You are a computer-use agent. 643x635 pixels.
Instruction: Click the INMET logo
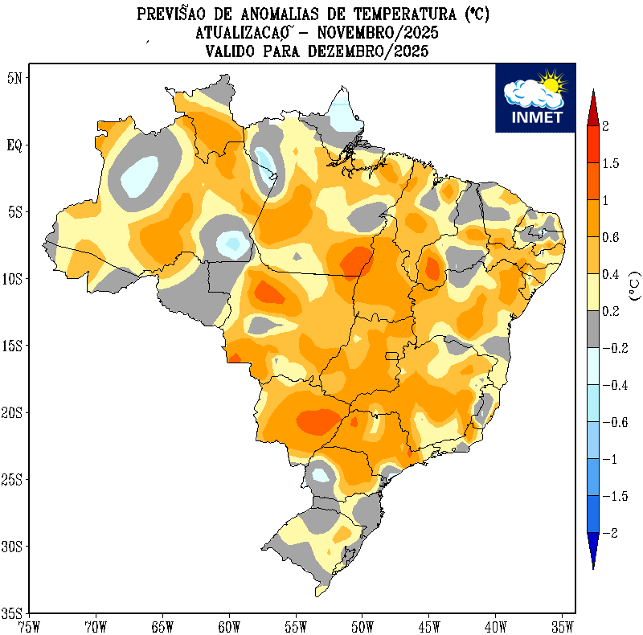pyautogui.click(x=534, y=97)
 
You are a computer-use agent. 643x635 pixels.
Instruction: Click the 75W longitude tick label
pyautogui.click(x=29, y=625)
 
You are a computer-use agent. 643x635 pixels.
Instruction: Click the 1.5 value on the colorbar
pyautogui.click(x=611, y=164)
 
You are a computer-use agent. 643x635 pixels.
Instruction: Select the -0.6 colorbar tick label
pyautogui.click(x=612, y=422)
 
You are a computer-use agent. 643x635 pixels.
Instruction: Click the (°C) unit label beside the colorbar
pyautogui.click(x=634, y=285)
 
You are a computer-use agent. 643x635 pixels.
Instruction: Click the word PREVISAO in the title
pyautogui.click(x=174, y=14)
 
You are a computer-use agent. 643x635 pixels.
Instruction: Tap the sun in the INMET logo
pyautogui.click(x=551, y=82)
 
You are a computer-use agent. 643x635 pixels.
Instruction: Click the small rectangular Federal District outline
pyautogui.click(x=392, y=355)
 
